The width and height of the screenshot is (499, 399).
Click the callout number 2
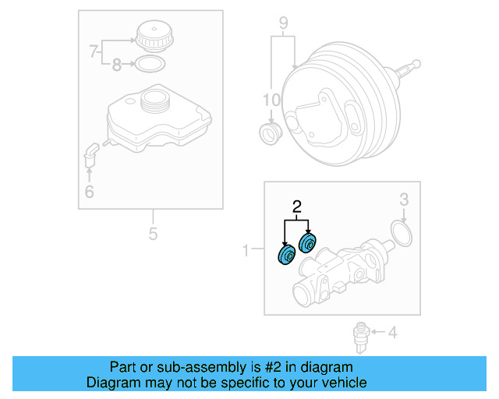(x=296, y=207)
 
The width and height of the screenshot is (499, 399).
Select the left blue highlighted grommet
(x=286, y=256)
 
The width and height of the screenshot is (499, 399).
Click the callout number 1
(x=246, y=250)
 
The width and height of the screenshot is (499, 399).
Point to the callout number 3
(x=404, y=200)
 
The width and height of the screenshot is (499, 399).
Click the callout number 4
(x=392, y=334)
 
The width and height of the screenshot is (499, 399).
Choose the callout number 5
(x=153, y=233)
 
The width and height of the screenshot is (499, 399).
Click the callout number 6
(x=89, y=192)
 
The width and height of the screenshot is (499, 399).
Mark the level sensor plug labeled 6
(x=90, y=154)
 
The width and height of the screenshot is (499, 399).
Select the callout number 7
(x=94, y=53)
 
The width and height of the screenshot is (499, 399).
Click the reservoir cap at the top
(x=152, y=37)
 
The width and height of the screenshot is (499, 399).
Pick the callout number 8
(x=116, y=65)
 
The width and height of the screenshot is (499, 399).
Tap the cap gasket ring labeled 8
(x=151, y=64)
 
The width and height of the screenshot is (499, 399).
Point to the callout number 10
(x=271, y=100)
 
